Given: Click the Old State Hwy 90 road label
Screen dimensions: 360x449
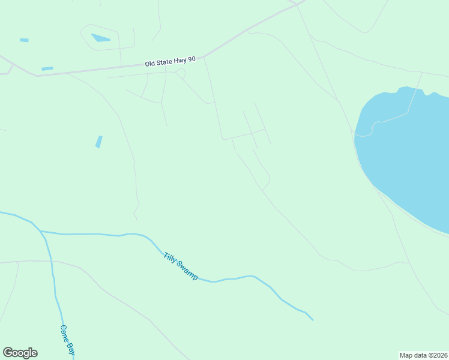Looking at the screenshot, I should click(170, 61).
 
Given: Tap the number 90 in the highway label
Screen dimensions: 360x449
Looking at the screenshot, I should click(191, 59).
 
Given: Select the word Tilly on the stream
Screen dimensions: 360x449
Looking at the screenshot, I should click(170, 258).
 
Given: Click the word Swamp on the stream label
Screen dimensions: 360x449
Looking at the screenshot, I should click(187, 272).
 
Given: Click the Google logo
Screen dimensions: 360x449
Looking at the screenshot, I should click(20, 353).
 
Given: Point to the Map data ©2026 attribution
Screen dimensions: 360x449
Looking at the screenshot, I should click(423, 355).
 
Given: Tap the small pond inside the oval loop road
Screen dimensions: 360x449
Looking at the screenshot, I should click(100, 38).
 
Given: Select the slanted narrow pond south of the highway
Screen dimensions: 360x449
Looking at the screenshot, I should click(98, 142).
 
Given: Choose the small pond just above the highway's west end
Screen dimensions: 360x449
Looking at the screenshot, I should click(47, 68).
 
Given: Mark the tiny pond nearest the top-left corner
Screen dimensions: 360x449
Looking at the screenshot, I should click(24, 40).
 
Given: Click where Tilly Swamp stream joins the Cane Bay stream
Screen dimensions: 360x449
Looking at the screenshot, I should click(40, 231).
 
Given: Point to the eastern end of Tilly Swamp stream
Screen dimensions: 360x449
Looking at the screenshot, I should click(312, 319).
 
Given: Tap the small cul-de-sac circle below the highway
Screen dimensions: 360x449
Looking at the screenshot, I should click(180, 73).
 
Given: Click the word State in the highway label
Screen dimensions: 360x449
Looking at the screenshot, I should click(166, 62).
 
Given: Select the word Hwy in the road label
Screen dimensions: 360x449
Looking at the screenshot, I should click(181, 61).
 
